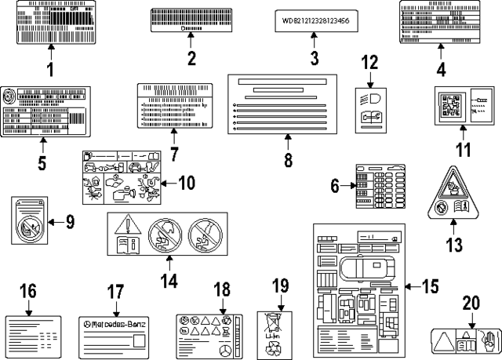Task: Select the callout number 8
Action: click(x=287, y=160)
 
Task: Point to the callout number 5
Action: click(x=42, y=163)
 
